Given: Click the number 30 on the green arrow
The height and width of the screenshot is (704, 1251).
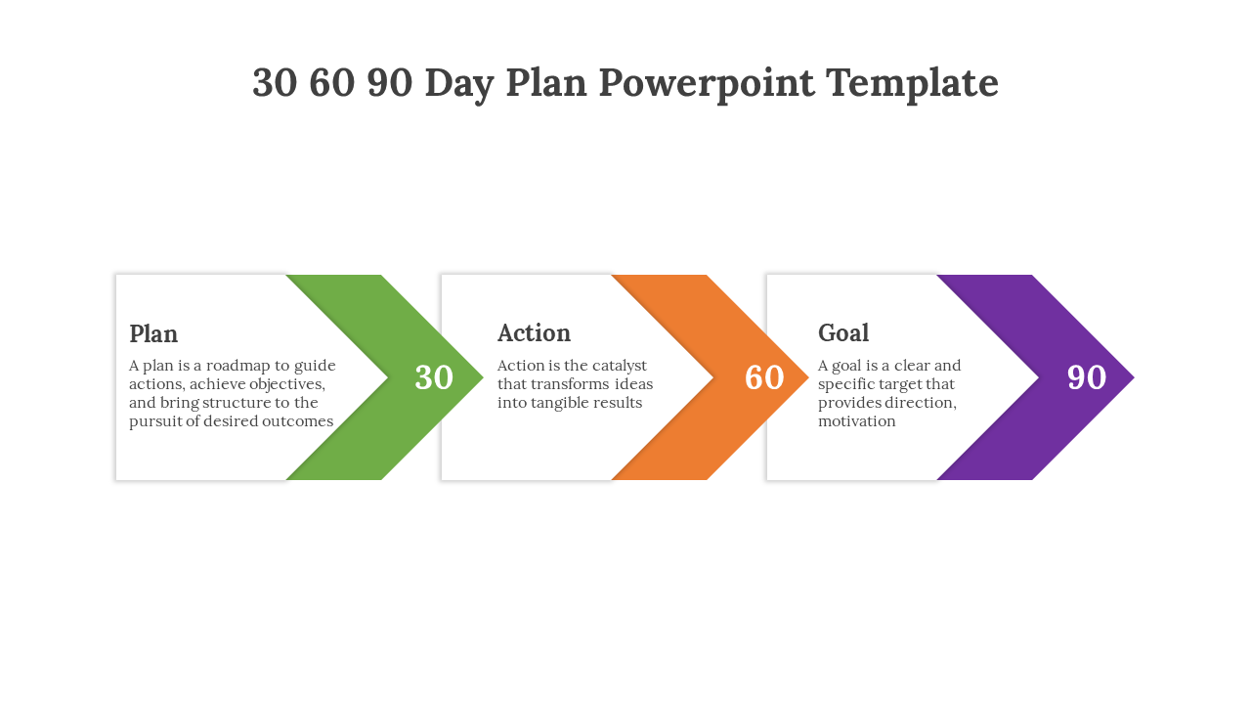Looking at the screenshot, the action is (434, 377).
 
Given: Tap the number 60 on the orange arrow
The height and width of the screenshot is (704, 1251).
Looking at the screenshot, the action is (764, 377).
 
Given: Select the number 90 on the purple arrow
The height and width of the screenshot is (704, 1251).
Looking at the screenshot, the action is (1086, 377).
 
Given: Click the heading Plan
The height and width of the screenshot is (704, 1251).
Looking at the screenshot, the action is (153, 334).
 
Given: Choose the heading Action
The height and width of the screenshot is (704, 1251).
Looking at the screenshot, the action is (534, 333).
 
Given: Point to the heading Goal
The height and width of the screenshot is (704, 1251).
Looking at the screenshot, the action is (843, 333).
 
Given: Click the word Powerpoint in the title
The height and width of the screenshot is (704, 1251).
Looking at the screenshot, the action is (707, 83).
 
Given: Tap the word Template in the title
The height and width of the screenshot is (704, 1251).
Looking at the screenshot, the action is (913, 83).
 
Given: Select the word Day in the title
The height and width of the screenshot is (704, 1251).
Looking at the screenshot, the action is (459, 84).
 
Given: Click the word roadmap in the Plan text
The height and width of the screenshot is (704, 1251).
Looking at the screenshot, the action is (237, 366).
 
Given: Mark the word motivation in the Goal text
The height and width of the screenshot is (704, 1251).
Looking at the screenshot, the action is (857, 421).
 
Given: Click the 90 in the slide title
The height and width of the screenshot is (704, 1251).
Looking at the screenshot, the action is (390, 83).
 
